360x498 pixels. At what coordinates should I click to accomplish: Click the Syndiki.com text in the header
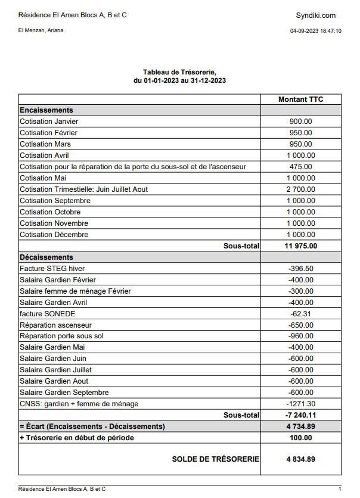tap(315, 15)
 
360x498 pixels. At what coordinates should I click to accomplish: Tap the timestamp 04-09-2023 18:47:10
tap(315, 30)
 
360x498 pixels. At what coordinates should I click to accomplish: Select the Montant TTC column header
tap(300, 99)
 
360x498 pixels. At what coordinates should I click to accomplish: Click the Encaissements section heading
tap(46, 110)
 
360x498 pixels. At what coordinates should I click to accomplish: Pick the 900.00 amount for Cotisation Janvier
tap(300, 122)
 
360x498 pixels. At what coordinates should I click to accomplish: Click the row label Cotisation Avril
tap(45, 155)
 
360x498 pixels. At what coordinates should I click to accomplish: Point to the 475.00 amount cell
tap(300, 167)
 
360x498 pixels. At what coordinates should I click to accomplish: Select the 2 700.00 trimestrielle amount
tap(300, 189)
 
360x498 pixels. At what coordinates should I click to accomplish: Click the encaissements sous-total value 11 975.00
tap(300, 246)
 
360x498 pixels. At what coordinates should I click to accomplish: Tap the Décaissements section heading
tap(46, 257)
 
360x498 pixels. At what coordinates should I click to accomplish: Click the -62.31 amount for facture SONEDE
tap(300, 314)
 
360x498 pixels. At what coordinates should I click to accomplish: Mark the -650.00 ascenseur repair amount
tap(300, 325)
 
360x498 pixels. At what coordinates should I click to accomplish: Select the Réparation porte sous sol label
tap(61, 337)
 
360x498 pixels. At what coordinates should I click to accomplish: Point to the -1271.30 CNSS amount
tap(300, 404)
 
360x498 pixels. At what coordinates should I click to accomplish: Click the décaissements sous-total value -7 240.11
tap(300, 415)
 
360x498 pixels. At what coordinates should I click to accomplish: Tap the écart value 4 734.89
tap(300, 427)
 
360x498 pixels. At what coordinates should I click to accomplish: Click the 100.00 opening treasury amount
tap(300, 438)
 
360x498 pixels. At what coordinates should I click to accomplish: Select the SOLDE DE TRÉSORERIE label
tap(215, 459)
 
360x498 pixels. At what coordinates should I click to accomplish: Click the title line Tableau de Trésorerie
tap(179, 71)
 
